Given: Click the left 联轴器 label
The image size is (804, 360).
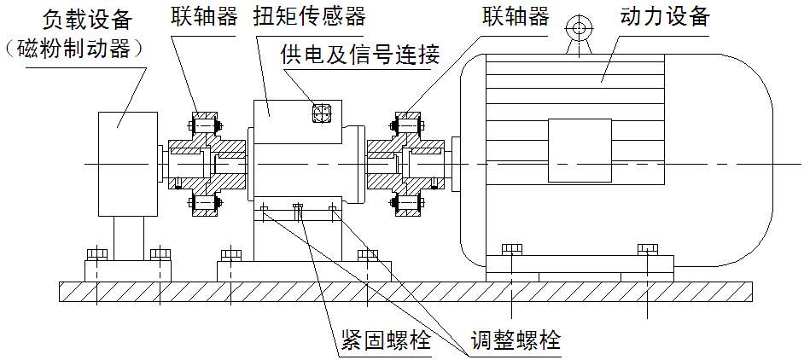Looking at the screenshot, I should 206,18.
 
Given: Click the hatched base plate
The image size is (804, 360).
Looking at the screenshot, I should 401,290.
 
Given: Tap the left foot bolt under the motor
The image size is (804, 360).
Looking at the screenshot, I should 511,248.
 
